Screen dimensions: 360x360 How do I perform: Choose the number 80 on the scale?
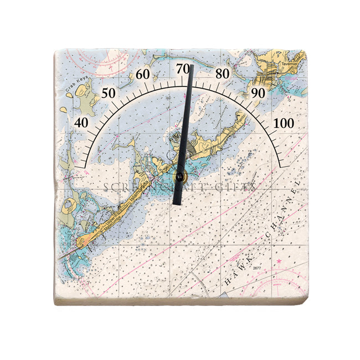tap(223, 74)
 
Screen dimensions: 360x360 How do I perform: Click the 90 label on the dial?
tap(258, 93)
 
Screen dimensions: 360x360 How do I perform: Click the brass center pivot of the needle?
tap(180, 177)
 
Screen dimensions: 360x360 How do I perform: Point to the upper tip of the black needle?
tap(191, 66)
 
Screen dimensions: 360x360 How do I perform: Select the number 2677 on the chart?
tap(256, 269)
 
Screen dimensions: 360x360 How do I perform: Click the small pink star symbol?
tap(279, 261)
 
